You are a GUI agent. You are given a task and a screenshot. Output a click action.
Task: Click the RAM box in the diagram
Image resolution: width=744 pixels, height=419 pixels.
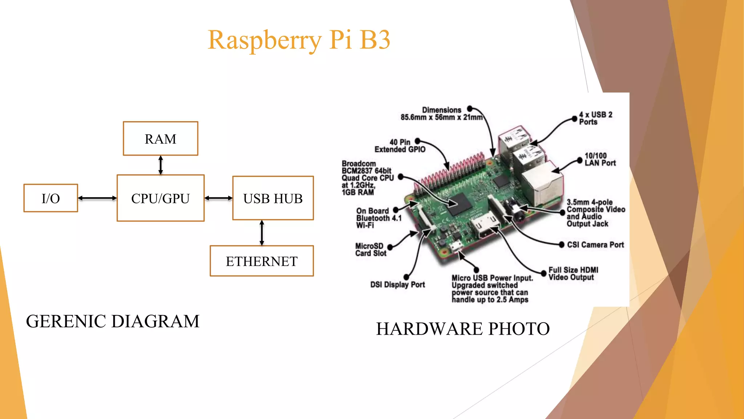[160, 139]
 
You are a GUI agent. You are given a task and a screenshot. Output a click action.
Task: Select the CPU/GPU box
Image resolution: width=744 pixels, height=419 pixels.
[160, 198]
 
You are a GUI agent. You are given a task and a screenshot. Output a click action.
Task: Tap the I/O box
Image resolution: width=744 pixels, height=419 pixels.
[50, 198]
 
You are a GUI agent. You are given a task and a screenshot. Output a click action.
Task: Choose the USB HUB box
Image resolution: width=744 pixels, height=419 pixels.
[273, 198]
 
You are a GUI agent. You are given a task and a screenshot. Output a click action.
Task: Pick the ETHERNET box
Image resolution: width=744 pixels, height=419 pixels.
[262, 261]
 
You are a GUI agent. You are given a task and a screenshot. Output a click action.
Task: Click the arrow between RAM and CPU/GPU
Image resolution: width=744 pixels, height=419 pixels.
[161, 165]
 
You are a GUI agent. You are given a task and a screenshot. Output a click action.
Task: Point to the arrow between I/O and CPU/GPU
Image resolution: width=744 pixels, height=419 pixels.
[97, 198]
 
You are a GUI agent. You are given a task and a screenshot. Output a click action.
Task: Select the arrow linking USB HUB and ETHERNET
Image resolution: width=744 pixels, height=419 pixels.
[262, 233]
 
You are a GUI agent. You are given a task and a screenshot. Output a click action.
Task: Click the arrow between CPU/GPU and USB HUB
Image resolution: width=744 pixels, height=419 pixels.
[218, 198]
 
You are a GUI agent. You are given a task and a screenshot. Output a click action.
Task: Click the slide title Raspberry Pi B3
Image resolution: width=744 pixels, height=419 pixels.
[299, 40]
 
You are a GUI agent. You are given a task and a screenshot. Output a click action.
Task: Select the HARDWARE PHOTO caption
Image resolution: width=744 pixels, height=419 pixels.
[462, 329]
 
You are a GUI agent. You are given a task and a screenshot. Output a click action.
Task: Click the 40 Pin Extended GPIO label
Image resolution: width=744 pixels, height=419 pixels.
[400, 146]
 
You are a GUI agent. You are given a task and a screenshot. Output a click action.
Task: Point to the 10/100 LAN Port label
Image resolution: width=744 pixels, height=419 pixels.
[600, 159]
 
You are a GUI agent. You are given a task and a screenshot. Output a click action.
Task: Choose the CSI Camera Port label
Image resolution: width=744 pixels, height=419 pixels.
[595, 245]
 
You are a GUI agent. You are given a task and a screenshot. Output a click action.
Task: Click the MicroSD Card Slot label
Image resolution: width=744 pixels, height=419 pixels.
[371, 250]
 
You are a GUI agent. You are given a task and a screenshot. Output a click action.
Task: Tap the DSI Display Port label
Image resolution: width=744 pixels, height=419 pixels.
[397, 285]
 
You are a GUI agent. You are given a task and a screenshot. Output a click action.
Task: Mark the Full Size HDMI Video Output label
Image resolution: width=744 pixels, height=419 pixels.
[573, 274]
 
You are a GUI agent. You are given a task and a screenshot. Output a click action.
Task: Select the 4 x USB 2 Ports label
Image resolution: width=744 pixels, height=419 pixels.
[595, 118]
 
